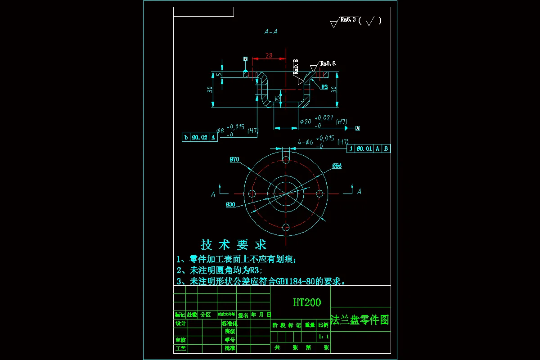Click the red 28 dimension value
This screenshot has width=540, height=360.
tap(269, 56)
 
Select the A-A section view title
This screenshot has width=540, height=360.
tap(271, 32)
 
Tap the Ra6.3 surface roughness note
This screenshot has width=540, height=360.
tap(348, 20)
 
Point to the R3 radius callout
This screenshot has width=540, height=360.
tap(324, 87)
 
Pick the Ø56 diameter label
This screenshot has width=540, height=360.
tap(337, 166)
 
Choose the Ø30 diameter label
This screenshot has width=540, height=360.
tap(230, 205)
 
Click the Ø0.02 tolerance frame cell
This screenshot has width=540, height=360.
tap(200, 138)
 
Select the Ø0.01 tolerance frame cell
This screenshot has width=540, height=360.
tap(364, 148)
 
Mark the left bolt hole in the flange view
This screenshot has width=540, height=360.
tap(252, 193)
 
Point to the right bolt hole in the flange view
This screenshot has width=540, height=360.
tap(320, 193)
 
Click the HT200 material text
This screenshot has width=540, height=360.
tap(307, 302)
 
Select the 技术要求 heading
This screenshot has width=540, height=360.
tap(234, 245)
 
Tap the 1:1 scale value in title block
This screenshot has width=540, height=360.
tap(324, 337)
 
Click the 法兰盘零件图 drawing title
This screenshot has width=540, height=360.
tap(360, 320)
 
